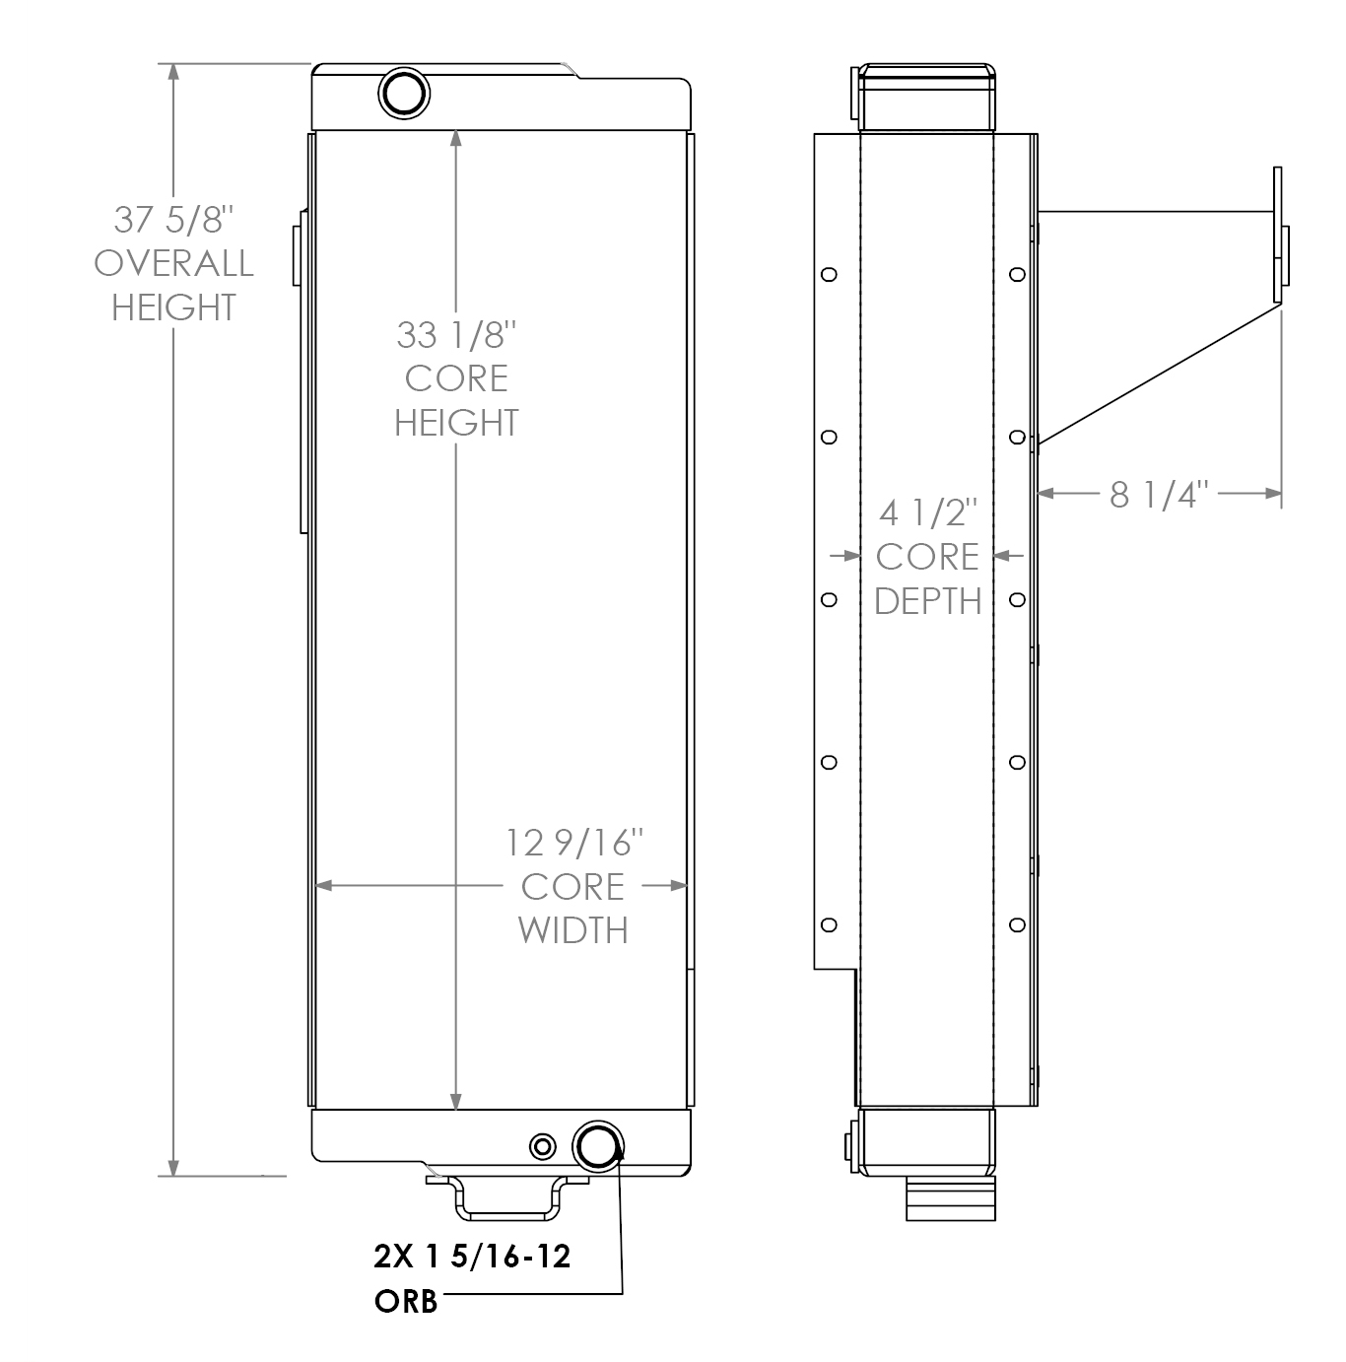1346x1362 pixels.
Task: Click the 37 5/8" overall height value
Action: (173, 219)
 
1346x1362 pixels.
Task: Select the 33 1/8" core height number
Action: (455, 335)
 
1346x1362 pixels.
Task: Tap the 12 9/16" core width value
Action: (574, 844)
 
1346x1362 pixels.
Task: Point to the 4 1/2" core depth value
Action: (927, 513)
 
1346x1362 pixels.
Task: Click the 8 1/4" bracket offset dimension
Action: (1159, 494)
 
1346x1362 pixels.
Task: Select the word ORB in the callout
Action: (406, 1301)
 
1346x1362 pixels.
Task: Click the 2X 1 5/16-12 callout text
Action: (472, 1257)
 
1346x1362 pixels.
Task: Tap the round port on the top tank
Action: (404, 94)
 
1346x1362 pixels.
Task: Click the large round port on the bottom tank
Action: (598, 1146)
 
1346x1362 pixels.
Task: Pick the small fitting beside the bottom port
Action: (542, 1146)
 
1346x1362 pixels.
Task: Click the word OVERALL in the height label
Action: (173, 263)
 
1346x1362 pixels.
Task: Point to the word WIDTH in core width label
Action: (573, 929)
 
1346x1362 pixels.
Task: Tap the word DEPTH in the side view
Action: (927, 600)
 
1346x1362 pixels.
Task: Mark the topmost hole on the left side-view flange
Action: (829, 274)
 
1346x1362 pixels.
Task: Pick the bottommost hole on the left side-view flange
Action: (829, 924)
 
